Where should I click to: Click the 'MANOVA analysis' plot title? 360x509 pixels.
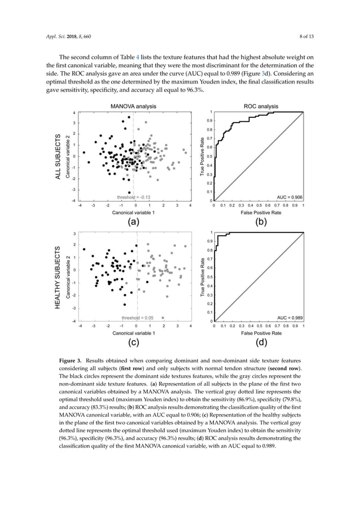point(133,106)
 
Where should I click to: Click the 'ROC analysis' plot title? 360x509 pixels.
point(260,106)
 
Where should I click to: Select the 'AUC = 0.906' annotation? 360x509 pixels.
point(289,197)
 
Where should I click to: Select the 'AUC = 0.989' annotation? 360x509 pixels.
point(289,318)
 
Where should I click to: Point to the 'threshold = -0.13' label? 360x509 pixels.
point(133,197)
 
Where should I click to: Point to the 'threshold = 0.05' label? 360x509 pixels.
point(134,318)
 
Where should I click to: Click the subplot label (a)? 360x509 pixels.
point(133,222)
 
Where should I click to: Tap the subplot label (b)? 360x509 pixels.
point(260,222)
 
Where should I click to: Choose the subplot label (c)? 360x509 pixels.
point(133,343)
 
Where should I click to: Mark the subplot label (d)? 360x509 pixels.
point(260,343)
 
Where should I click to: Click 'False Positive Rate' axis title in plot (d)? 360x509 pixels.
point(260,334)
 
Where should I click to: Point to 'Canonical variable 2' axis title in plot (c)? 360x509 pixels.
point(68,277)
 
